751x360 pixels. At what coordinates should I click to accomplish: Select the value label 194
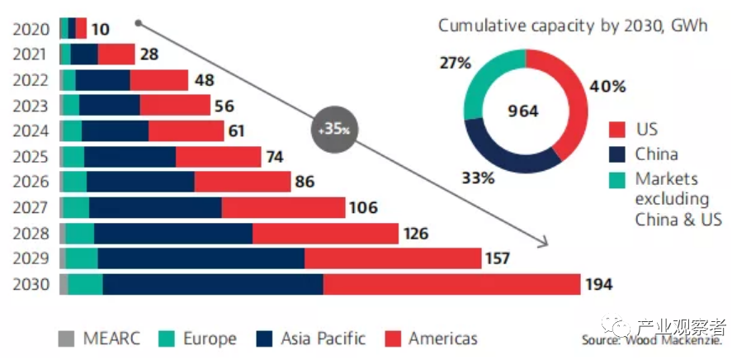pos(599,285)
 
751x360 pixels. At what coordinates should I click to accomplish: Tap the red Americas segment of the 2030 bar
pos(451,285)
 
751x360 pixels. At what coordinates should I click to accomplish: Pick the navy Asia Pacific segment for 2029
pos(201,259)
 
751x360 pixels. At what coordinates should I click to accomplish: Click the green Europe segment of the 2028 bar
pos(80,234)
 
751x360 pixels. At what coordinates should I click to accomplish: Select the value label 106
pos(363,207)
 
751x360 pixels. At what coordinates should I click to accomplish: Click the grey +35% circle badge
pos(334,130)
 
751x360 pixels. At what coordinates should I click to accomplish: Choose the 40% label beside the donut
pos(608,86)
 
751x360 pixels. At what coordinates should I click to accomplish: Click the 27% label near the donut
pos(455,63)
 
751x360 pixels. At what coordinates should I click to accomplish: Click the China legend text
pos(656,154)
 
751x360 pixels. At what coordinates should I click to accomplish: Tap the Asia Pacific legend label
pos(323,339)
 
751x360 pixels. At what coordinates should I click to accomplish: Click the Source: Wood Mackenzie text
pos(652,340)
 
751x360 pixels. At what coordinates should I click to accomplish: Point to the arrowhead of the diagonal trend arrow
pos(545,243)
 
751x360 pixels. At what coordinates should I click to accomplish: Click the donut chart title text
pos(573,26)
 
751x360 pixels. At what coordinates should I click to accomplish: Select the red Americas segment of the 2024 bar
pos(186,130)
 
